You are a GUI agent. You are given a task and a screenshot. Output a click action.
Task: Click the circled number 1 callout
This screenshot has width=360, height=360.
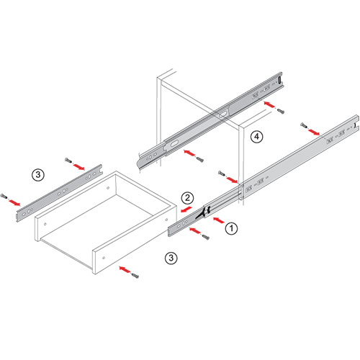pos(231,228)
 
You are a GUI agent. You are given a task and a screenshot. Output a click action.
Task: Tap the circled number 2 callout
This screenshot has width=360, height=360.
pos(187,198)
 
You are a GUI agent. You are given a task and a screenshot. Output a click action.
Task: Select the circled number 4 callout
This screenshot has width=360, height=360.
pos(257,137)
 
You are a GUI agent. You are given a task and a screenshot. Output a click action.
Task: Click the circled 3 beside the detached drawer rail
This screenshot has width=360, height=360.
pos(38,175)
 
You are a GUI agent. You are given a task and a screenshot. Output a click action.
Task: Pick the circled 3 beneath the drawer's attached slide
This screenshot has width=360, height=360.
pos(171,258)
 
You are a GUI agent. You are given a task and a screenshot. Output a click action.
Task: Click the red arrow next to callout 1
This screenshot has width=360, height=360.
pos(218,220)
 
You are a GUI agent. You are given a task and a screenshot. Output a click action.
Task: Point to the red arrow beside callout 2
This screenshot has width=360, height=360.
pos(186,209)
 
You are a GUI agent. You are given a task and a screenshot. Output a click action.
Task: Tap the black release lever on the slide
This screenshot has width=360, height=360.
pos(203,213)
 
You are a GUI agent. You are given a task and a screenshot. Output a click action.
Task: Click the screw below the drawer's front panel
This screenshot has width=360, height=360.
pos(135,276)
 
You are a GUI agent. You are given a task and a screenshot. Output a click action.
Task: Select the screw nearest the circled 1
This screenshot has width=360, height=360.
pos(206,238)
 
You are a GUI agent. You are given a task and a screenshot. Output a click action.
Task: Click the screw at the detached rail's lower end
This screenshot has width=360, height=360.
pos(4,196)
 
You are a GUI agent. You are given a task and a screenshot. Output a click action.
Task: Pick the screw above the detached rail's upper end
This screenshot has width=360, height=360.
pos(68,160)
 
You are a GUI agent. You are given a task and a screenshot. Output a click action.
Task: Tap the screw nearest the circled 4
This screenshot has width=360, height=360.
pos(280,111)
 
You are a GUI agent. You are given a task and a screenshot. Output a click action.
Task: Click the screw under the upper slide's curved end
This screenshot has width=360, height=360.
pos(199,159)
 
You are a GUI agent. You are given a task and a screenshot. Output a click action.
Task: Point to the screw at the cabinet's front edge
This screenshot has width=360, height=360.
pos(221,173)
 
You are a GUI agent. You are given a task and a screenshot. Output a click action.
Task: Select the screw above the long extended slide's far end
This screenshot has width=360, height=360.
pos(303,125)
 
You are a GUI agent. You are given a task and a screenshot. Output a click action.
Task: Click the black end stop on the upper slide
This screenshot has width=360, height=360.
pos(279,80)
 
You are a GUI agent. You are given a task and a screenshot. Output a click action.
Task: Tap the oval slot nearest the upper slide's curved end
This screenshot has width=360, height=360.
pos(174,143)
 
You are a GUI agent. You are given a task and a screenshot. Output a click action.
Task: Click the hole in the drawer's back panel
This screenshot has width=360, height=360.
pos(108,188)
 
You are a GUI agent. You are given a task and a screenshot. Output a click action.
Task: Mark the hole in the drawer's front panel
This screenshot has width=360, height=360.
pos(104,258)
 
